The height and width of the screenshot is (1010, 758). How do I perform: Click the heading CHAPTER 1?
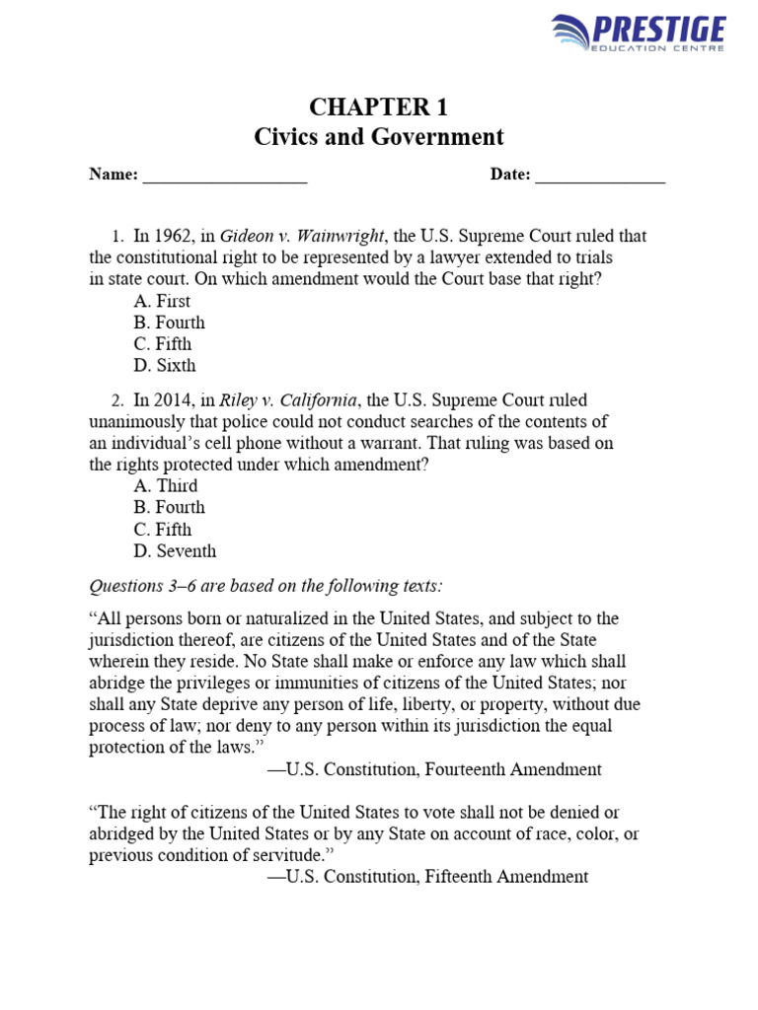[x=379, y=108]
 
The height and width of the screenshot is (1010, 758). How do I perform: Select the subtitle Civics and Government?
[x=379, y=137]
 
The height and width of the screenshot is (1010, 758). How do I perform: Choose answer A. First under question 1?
[x=163, y=302]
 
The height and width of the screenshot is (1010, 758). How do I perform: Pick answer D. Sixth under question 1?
[x=165, y=366]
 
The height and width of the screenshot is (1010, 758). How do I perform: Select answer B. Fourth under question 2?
[x=169, y=508]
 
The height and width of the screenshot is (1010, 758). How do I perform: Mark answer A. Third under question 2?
[x=166, y=486]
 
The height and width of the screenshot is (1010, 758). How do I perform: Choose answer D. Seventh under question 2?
[x=175, y=551]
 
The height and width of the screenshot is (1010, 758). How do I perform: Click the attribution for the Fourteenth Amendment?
[x=434, y=769]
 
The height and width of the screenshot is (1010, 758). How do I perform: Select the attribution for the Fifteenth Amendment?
[x=427, y=877]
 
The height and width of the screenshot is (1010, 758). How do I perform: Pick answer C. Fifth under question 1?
[x=163, y=344]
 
